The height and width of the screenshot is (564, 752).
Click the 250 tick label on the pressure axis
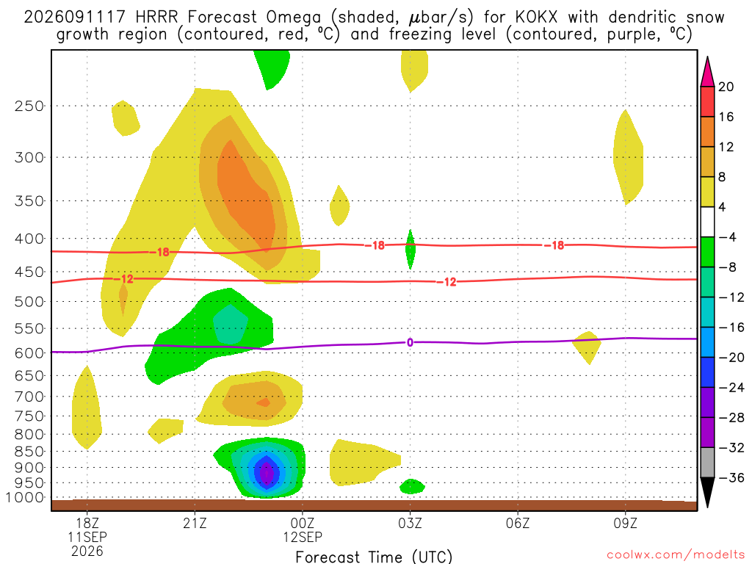[x=29, y=106]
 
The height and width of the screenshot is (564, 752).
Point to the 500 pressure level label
[x=29, y=302]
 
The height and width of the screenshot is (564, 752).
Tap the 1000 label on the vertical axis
[x=25, y=498]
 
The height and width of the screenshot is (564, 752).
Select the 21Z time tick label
[x=195, y=523]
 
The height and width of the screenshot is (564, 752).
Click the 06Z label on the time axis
[x=518, y=523]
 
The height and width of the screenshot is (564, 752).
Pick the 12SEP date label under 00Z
[x=303, y=537]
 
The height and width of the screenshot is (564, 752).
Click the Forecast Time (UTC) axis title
[x=374, y=557]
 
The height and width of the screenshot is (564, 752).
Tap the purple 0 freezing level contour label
[x=410, y=342]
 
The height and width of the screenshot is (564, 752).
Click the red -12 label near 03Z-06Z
[x=446, y=282]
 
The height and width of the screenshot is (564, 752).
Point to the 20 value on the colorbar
[x=726, y=87]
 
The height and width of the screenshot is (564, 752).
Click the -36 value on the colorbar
[x=731, y=477]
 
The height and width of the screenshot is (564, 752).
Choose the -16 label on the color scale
[x=731, y=328]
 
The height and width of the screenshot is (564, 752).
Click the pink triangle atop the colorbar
[x=707, y=71]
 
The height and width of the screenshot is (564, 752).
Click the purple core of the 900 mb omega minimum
[x=267, y=473]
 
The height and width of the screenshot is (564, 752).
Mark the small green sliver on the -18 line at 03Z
[x=410, y=250]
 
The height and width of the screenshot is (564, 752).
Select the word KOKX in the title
[x=537, y=18]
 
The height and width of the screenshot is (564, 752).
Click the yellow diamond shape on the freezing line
[x=587, y=347]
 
